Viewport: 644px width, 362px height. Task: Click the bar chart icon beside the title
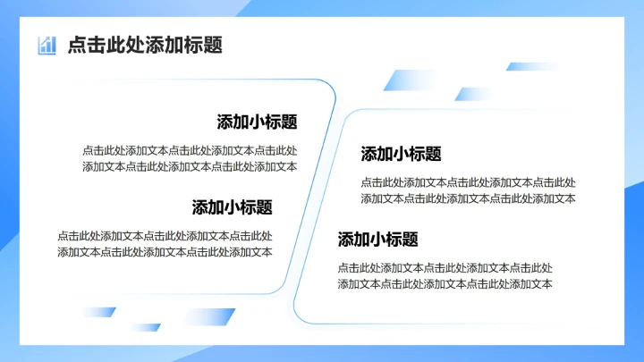pyautogui.click(x=47, y=46)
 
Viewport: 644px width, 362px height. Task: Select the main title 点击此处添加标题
pyautogui.click(x=145, y=46)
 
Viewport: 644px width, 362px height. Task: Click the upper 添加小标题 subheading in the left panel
pyautogui.click(x=257, y=122)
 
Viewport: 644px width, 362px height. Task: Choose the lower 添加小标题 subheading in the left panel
pyautogui.click(x=232, y=207)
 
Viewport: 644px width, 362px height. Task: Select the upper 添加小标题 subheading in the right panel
pyautogui.click(x=401, y=154)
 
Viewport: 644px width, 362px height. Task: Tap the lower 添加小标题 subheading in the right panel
pyautogui.click(x=377, y=240)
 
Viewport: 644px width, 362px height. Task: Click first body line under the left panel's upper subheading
pyautogui.click(x=190, y=150)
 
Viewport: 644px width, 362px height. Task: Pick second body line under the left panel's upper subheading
pyautogui.click(x=190, y=166)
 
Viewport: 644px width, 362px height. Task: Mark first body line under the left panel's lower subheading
pyautogui.click(x=165, y=236)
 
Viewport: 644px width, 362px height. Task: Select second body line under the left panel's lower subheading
pyautogui.click(x=165, y=252)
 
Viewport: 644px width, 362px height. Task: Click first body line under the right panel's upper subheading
pyautogui.click(x=468, y=182)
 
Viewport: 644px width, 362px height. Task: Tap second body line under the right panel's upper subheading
pyautogui.click(x=468, y=198)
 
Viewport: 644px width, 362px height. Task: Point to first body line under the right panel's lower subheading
pyautogui.click(x=445, y=267)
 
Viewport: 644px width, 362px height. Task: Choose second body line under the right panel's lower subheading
pyautogui.click(x=445, y=284)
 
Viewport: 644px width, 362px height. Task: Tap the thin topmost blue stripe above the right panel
pyautogui.click(x=532, y=66)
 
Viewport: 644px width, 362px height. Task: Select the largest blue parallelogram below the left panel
pyautogui.click(x=207, y=316)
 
